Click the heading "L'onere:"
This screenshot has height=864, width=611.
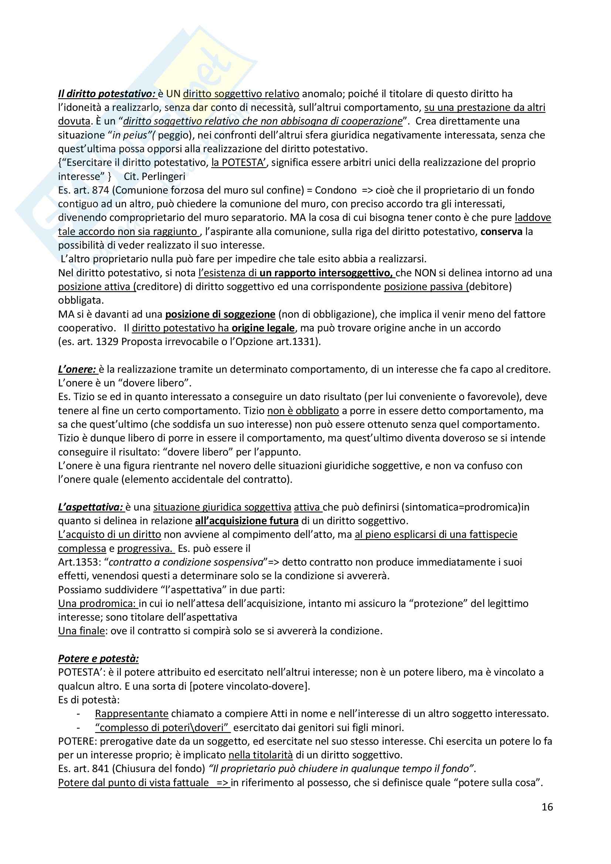tap(77, 369)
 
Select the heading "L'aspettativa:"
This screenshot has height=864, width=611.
tap(91, 507)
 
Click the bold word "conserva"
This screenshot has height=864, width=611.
tap(502, 232)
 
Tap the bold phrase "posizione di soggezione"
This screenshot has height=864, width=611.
tap(220, 314)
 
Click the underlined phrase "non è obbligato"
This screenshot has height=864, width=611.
tap(303, 410)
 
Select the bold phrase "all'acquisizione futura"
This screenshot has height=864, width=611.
tap(247, 521)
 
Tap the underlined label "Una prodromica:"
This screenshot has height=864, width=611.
tap(97, 604)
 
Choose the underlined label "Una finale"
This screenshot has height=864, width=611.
tap(81, 631)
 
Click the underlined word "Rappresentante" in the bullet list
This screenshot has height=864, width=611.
tap(131, 714)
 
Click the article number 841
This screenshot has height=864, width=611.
tap(100, 769)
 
